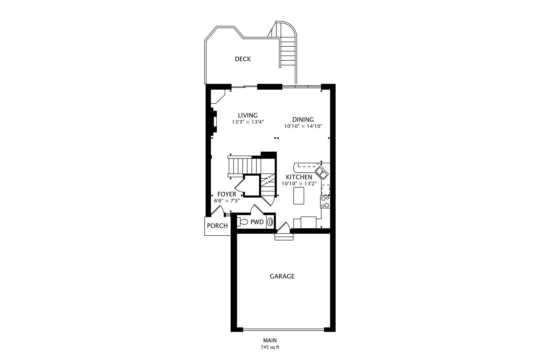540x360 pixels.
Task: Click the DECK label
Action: coord(243,59)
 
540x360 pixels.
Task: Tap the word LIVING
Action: coord(247,116)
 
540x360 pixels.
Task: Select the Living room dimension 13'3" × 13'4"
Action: coord(248,122)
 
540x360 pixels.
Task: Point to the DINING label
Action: coord(303,120)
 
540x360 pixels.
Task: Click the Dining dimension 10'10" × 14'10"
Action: coord(303,126)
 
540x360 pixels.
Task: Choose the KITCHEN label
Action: coord(299,177)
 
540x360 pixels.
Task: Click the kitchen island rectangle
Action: coord(299,195)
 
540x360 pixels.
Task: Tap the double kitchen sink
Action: coord(322,173)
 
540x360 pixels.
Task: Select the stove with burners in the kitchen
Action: coord(325,202)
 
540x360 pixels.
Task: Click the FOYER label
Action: coord(227,194)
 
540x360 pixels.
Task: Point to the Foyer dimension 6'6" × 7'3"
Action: coord(227,201)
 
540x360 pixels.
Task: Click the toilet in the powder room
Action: coord(242,222)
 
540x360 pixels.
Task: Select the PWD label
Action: coord(257,222)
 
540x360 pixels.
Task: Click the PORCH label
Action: coord(217,226)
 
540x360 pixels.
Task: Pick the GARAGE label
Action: coord(282,276)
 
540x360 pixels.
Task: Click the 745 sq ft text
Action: coord(270,347)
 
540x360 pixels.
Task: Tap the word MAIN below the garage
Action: coord(270,341)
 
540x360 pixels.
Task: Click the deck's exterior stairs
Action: coord(287,50)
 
